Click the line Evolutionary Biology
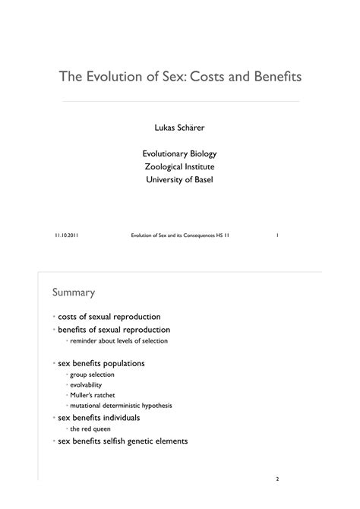179,153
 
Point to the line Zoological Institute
179,166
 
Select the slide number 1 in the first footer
278,236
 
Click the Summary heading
73,292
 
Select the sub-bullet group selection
92,375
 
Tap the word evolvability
85,385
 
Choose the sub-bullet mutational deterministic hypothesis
121,406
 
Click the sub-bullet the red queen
90,428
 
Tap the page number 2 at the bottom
278,480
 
